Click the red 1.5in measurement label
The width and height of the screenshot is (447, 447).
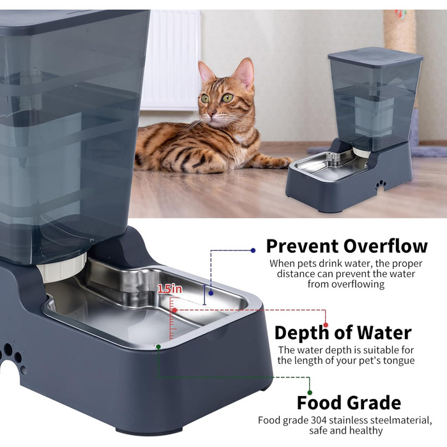[170, 289]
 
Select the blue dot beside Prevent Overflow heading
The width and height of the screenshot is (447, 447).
[253, 250]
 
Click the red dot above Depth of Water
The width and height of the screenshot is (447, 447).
[326, 325]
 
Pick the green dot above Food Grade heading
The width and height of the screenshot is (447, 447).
[310, 393]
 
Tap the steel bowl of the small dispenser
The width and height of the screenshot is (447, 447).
[331, 165]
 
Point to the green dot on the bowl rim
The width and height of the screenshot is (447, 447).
[158, 347]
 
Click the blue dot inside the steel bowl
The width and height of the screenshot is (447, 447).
[211, 292]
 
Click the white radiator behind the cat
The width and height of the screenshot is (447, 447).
[171, 60]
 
